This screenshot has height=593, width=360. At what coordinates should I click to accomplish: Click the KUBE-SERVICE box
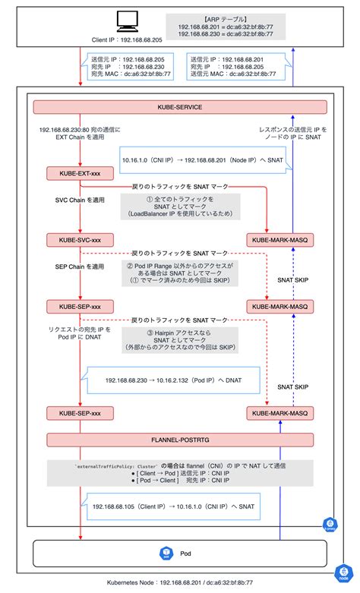coord(179,108)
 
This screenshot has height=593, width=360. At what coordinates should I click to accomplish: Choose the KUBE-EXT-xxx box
coord(75,174)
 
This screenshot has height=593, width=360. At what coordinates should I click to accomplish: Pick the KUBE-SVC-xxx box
coord(75,240)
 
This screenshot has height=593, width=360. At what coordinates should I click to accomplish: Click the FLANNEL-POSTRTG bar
coord(179,440)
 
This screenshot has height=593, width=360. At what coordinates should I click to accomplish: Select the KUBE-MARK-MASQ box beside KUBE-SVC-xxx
coord(277,240)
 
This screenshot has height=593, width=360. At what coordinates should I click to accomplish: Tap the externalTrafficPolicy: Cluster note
coord(179,472)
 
